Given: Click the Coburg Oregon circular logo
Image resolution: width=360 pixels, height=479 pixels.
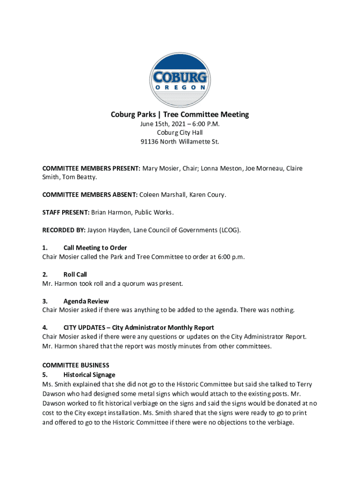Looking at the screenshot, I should (180, 80).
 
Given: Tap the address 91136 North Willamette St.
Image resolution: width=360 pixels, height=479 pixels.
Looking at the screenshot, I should (180, 141).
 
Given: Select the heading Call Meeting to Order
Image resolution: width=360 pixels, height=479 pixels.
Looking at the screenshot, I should (95, 248).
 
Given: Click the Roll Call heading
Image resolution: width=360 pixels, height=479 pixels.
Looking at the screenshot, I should (75, 275).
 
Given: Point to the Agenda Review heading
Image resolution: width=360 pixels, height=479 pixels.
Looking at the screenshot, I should (86, 301).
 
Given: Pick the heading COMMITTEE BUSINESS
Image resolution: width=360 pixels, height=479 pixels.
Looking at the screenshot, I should (76, 365).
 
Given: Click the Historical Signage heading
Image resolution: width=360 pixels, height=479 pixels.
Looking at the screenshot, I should (89, 375).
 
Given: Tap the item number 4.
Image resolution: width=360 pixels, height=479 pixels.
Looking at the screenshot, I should (44, 327).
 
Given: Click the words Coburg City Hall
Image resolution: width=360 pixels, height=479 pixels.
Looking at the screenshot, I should (180, 132).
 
